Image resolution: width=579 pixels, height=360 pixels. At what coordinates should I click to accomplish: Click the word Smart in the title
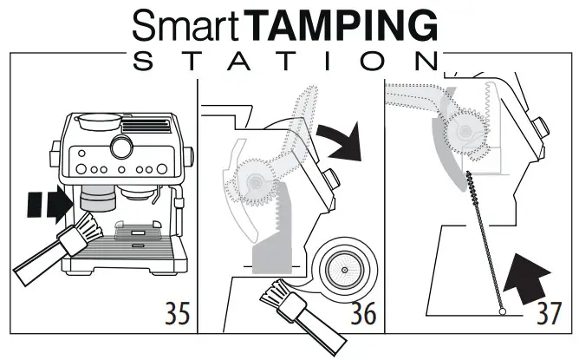coord(187,27)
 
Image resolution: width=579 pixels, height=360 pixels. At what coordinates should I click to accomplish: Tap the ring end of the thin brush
coord(502,311)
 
